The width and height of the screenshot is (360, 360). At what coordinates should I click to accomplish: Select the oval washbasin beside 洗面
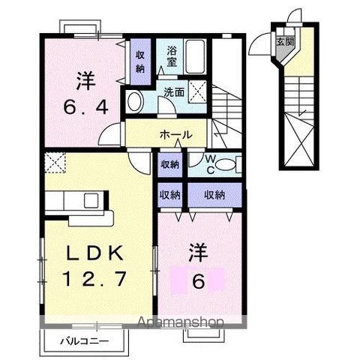point(136,102)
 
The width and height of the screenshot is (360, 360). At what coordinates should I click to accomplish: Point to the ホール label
point(176,135)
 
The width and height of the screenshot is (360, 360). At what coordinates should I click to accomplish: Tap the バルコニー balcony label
point(84,341)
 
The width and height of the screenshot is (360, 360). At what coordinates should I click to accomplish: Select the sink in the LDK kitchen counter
point(90,200)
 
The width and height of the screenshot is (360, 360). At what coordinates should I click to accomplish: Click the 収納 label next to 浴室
point(140,61)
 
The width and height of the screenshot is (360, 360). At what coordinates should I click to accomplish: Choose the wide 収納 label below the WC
point(214,193)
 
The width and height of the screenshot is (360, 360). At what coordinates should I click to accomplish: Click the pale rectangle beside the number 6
point(199,282)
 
